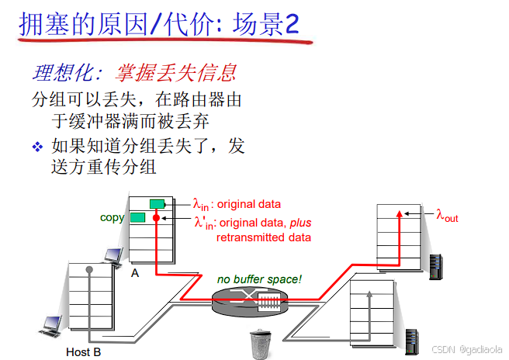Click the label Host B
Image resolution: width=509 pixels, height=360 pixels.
pyautogui.click(x=83, y=352)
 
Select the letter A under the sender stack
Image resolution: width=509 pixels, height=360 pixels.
pyautogui.click(x=135, y=273)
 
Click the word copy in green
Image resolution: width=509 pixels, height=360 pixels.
pyautogui.click(x=112, y=218)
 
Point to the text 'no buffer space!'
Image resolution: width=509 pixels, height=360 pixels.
pyautogui.click(x=259, y=279)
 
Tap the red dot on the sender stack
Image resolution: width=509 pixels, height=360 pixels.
pyautogui.click(x=156, y=220)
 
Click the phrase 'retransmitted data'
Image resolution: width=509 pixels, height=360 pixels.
pyautogui.click(x=263, y=237)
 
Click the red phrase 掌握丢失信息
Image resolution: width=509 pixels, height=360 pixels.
pyautogui.click(x=175, y=74)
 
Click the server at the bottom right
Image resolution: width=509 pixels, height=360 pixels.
pyautogui.click(x=412, y=343)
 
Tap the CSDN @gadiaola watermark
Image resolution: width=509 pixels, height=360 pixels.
pyautogui.click(x=463, y=351)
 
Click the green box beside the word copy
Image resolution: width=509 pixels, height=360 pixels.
pyautogui.click(x=138, y=217)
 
